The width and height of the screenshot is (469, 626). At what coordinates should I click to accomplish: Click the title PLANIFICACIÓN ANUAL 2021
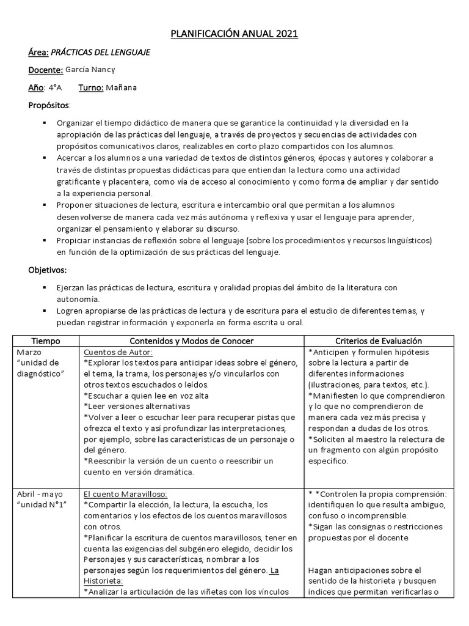pyautogui.click(x=234, y=34)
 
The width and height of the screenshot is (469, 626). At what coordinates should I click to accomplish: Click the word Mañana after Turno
pyautogui.click(x=121, y=87)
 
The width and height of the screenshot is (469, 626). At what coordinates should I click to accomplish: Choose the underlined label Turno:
pyautogui.click(x=90, y=87)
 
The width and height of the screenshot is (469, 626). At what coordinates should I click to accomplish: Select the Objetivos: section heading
pyautogui.click(x=48, y=270)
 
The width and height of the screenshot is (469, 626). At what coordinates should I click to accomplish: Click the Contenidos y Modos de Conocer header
pyautogui.click(x=191, y=341)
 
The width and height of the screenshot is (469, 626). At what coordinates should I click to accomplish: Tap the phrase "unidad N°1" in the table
pyautogui.click(x=44, y=504)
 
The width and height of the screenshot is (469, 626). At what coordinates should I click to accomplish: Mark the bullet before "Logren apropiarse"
pyautogui.click(x=44, y=312)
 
